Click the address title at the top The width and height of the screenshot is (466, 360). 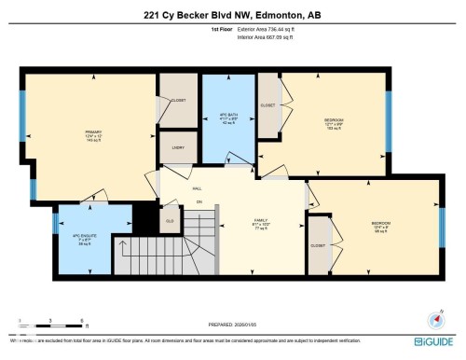tap(232, 14)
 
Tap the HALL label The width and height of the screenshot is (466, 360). tap(197, 187)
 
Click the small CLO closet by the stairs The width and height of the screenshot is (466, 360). tap(170, 221)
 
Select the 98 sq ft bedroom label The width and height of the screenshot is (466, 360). tap(381, 226)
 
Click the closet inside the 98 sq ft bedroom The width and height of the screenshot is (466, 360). tap(318, 245)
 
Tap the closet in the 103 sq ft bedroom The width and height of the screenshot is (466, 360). tap(269, 106)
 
